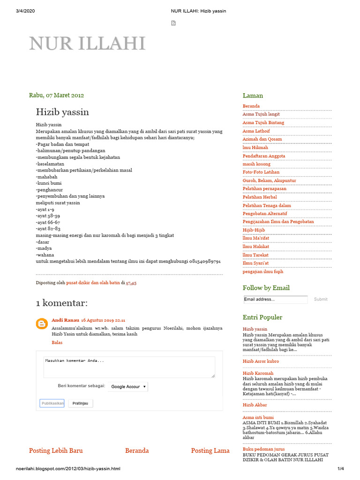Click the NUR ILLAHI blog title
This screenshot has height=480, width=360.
87,44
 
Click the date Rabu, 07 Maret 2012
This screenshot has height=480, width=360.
56,95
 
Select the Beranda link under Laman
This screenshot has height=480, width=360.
251,106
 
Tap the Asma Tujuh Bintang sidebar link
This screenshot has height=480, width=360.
263,123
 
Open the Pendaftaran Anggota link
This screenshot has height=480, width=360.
264,156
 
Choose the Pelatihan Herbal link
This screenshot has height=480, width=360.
260,197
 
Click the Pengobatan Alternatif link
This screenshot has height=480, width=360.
265,213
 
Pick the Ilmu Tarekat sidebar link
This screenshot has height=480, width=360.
255,255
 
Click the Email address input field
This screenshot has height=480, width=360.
275,299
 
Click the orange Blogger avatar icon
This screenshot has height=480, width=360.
42,323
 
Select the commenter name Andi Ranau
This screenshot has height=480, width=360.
65,320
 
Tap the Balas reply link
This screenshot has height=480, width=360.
57,343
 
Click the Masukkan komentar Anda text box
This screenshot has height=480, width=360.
129,367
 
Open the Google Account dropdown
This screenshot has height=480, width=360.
128,387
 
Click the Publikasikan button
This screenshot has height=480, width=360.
52,403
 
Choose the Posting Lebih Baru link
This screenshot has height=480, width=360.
56,450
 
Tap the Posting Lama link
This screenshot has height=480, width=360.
210,450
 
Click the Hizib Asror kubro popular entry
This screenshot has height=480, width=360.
261,361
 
